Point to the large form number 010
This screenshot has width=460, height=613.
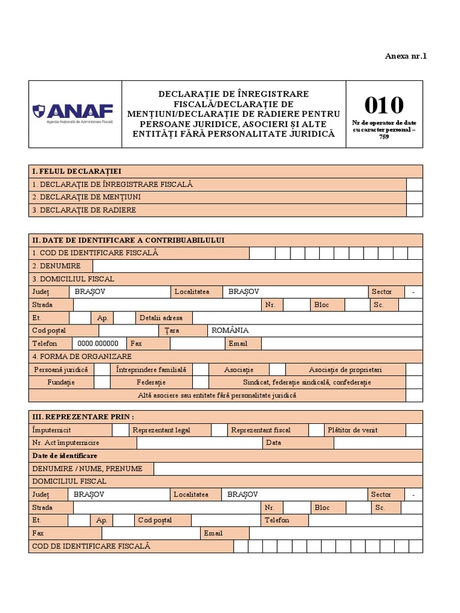click(384, 105)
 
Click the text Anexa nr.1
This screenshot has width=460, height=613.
click(406, 56)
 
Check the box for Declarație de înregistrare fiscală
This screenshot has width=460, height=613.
click(414, 184)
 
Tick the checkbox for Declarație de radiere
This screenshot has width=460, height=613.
click(414, 210)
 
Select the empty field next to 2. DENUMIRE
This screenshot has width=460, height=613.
click(258, 266)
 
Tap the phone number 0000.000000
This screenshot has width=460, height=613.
click(98, 344)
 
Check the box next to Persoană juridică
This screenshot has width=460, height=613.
click(102, 370)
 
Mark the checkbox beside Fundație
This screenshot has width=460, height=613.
click(102, 383)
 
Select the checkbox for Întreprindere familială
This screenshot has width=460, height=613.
click(201, 370)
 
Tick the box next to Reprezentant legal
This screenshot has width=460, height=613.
click(219, 430)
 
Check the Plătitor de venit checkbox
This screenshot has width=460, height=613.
click(414, 430)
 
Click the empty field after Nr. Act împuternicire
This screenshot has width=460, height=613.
click(199, 443)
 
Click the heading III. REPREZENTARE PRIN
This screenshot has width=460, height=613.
click(83, 417)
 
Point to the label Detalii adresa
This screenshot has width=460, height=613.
click(161, 318)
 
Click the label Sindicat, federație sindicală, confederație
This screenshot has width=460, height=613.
click(307, 383)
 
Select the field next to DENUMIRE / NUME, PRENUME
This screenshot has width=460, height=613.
click(287, 469)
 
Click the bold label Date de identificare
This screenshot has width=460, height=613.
click(65, 456)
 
